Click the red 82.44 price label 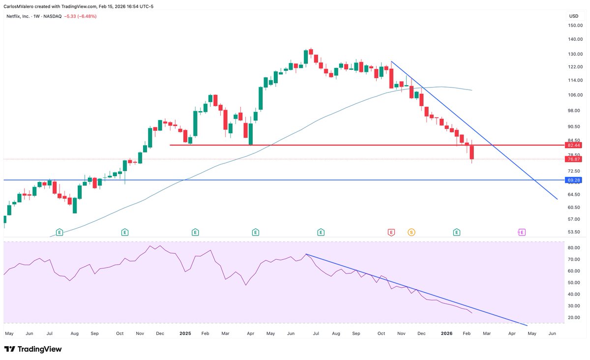click(574, 146)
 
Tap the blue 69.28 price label click(574, 180)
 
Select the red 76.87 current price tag click(574, 159)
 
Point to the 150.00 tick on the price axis click(575, 26)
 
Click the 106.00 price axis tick click(575, 95)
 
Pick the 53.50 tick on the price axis click(575, 232)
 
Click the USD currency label click(573, 16)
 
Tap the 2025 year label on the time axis click(185, 333)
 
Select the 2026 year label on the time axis click(446, 333)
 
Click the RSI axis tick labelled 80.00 click(575, 248)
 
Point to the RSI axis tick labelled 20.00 click(575, 317)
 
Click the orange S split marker click(411, 232)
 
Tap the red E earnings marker click(391, 232)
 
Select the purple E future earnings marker click(522, 232)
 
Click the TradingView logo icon click(9, 349)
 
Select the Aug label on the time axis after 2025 click(336, 333)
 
